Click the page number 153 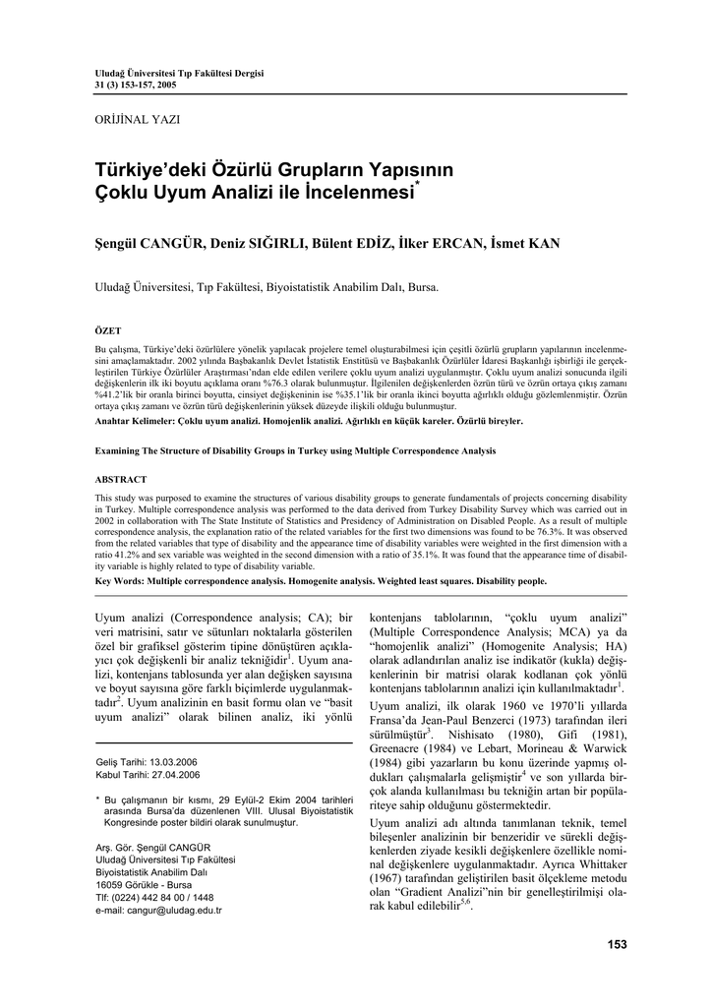click(x=617, y=944)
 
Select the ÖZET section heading click(x=107, y=330)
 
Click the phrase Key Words click(x=118, y=581)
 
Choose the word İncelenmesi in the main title click(x=363, y=193)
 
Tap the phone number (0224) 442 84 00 click(x=148, y=897)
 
